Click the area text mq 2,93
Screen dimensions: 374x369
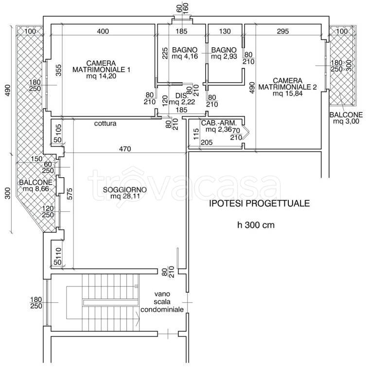224,57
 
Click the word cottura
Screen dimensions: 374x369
105,124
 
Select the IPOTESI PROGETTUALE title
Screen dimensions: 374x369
259,204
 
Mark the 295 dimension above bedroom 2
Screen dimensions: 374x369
282,32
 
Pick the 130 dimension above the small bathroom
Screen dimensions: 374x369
225,32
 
